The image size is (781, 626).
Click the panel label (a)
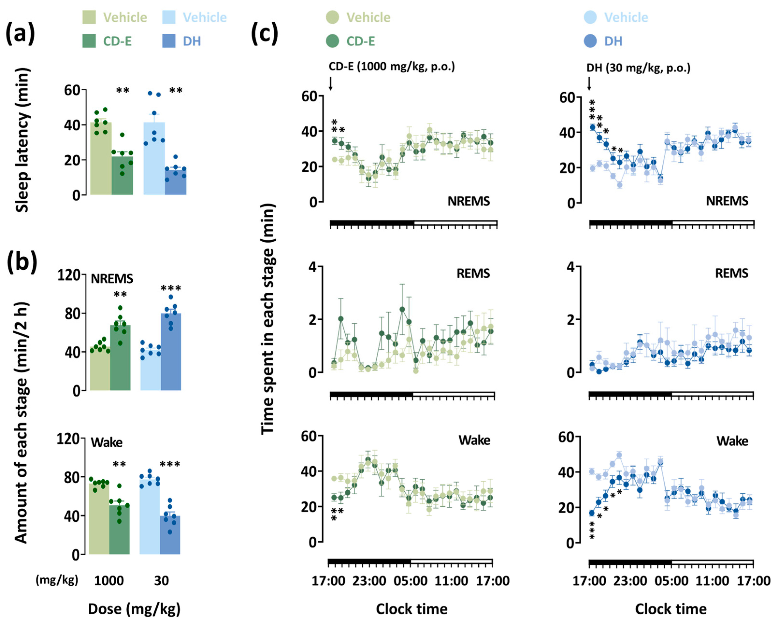point(20,33)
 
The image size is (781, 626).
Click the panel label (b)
point(22,261)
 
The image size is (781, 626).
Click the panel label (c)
point(265,33)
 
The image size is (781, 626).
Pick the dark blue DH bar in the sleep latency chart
point(176,181)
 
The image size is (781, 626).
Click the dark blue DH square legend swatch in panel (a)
point(169,41)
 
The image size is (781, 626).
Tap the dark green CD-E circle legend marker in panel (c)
point(333,41)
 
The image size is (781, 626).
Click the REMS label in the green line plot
point(473,273)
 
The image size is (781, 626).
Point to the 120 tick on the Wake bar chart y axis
point(68,439)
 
